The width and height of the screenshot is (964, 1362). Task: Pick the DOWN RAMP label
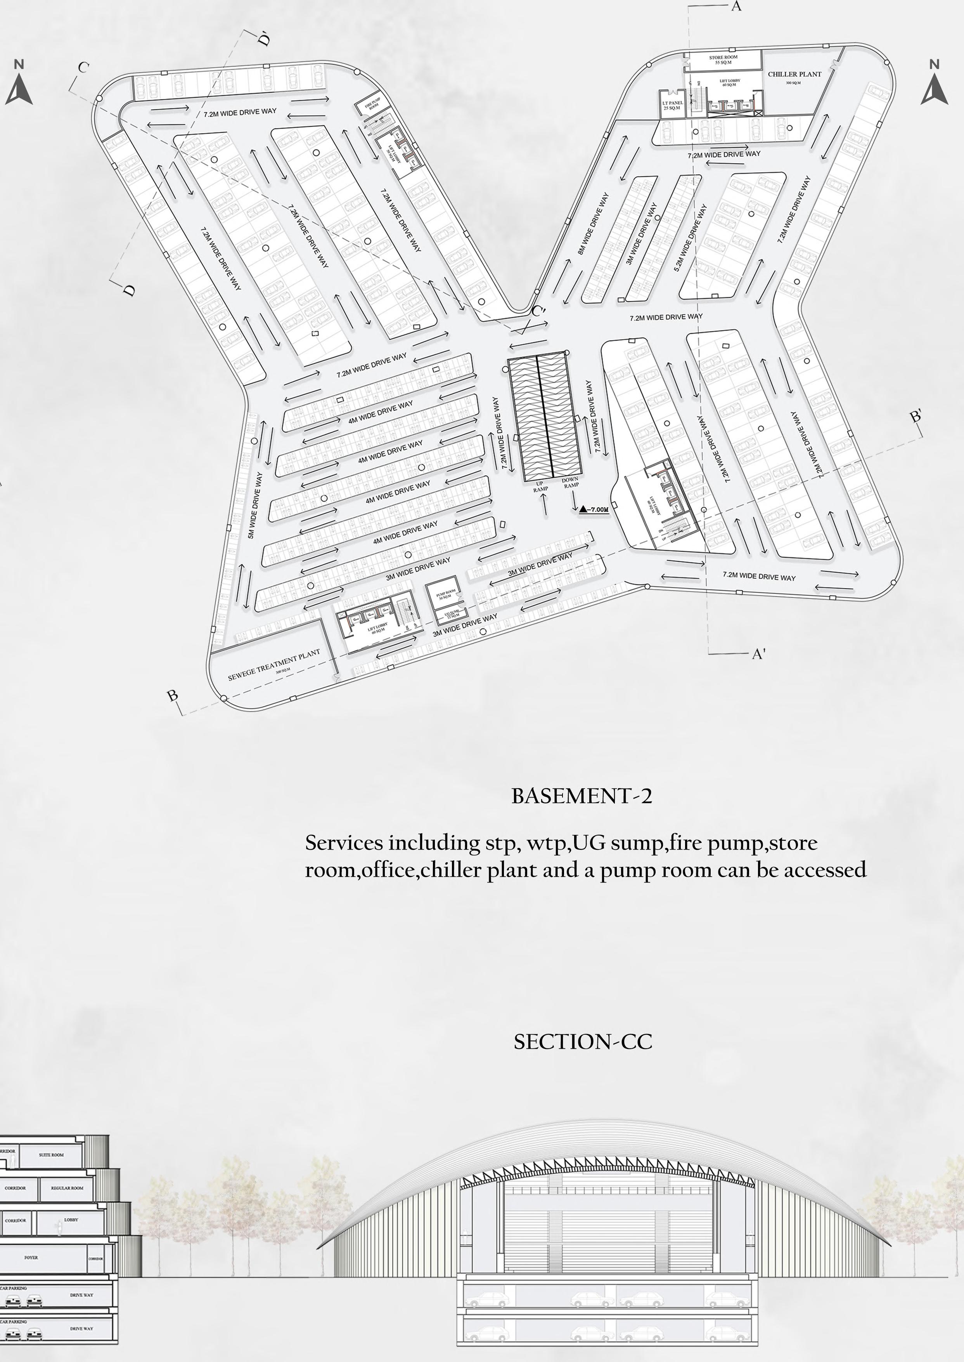pos(570,482)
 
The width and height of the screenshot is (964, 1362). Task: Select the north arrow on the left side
pos(19,86)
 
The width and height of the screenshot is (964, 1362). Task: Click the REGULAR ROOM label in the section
pos(67,1188)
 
